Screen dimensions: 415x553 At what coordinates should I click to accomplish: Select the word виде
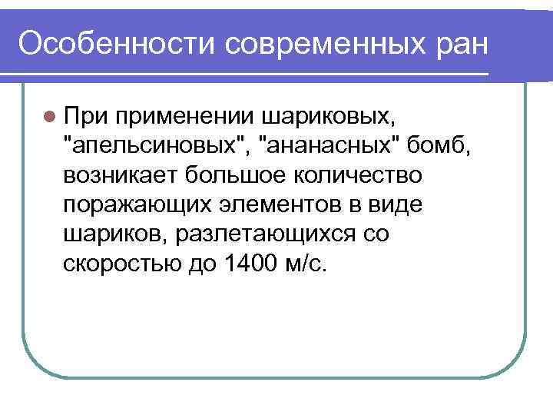tap(395, 204)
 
